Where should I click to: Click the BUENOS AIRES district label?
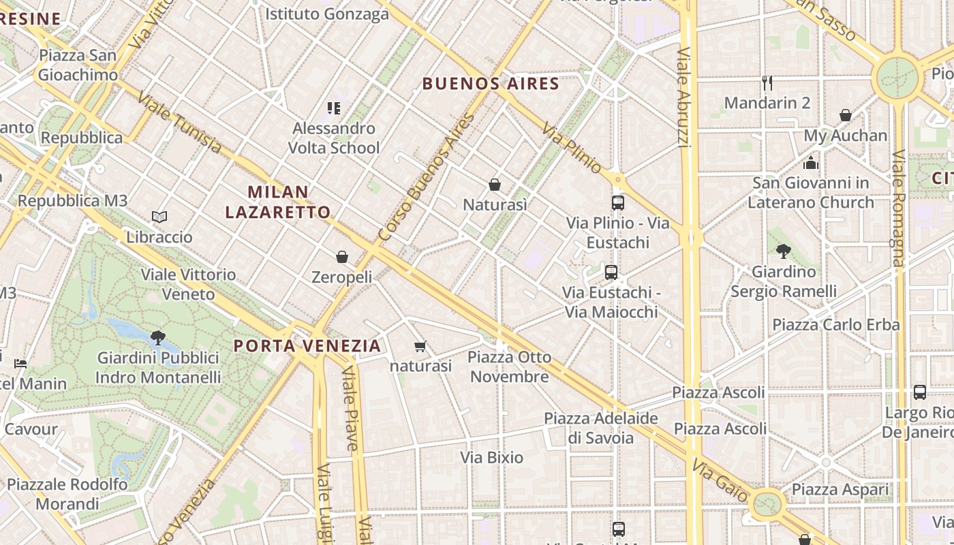pos(491,84)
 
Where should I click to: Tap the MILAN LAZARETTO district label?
pos(278,202)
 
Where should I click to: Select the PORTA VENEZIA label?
pos(307,345)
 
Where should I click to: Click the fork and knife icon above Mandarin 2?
pos(767,83)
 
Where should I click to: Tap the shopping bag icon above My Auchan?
pos(846,115)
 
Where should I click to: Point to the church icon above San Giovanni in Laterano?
pos(810,163)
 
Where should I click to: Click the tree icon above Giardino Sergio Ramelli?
pos(784,251)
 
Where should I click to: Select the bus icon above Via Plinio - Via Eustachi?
pos(618,203)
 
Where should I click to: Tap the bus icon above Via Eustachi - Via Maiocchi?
pos(611,272)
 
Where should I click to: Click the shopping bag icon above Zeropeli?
pos(342,257)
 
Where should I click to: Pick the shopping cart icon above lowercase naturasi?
pos(420,346)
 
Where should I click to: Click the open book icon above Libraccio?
pos(159,217)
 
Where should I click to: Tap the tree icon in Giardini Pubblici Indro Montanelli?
pos(158,337)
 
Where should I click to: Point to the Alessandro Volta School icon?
pos(333,108)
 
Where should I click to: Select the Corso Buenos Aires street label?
pos(426,177)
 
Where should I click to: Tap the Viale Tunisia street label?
pos(179,121)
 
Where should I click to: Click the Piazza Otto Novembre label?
pos(509,367)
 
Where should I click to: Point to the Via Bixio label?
pos(492,457)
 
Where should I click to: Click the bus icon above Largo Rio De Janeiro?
pos(920,392)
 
